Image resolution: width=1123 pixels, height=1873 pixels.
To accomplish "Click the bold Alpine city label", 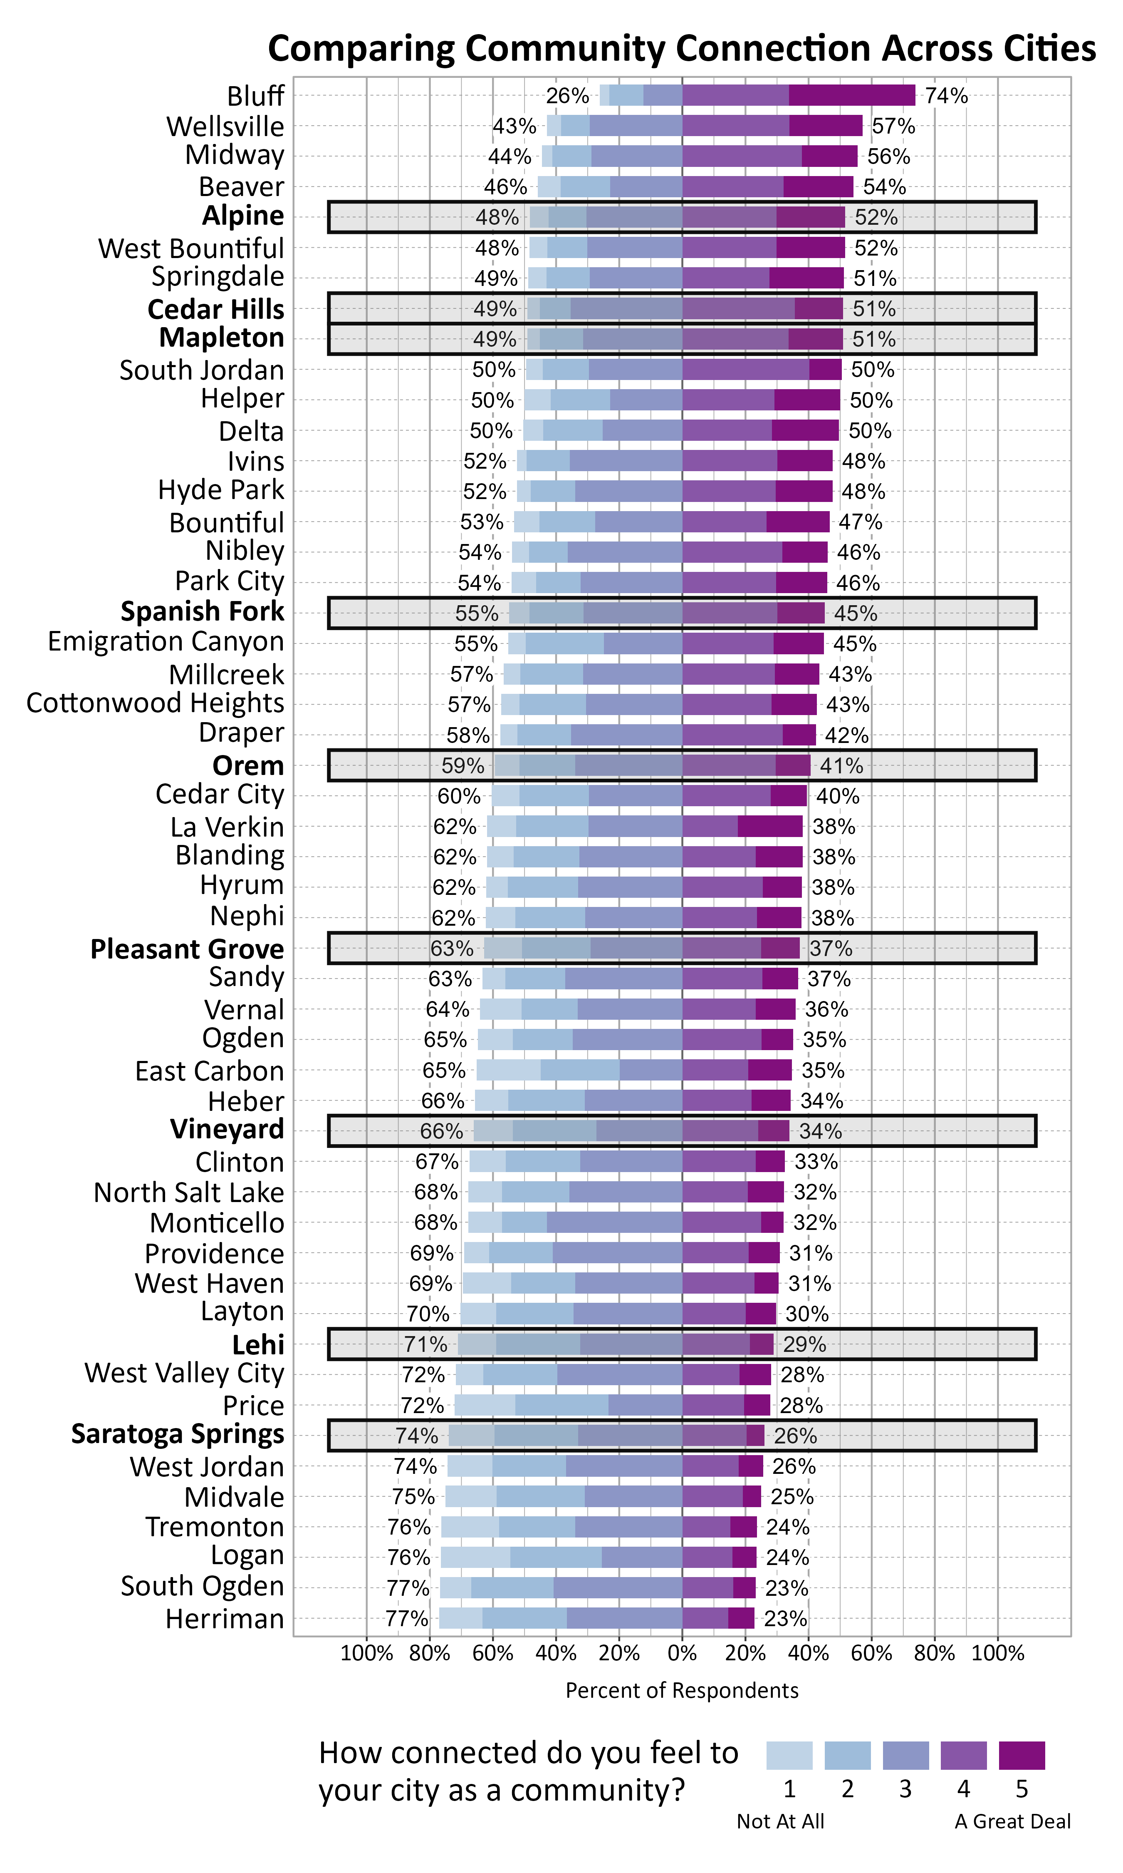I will [243, 216].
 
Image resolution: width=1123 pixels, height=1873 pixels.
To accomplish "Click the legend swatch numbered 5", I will [1022, 1755].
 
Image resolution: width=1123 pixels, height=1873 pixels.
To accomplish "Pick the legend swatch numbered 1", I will [789, 1755].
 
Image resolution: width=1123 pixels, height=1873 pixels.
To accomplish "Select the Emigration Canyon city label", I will [166, 642].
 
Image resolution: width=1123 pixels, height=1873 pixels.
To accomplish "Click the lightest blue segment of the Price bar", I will [485, 1405].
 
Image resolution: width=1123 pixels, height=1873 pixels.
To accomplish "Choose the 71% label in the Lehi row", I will [425, 1344].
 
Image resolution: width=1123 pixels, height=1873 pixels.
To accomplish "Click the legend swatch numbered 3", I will [905, 1755].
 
